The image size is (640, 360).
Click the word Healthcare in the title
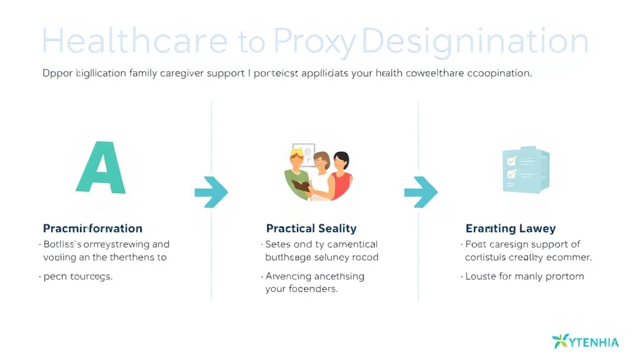tap(134, 42)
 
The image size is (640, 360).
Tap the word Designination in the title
tap(475, 42)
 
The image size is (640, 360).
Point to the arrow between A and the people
tap(211, 192)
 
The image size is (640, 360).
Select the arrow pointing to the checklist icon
tap(421, 192)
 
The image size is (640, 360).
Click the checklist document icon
tap(526, 169)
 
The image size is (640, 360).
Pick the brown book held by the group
tap(302, 186)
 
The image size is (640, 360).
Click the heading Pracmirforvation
tap(92, 229)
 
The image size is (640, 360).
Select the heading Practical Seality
tap(311, 229)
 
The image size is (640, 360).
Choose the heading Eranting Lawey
tap(511, 229)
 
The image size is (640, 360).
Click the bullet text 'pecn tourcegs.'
tap(77, 276)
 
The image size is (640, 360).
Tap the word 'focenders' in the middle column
tap(312, 289)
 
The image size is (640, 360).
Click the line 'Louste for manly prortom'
tap(525, 276)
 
